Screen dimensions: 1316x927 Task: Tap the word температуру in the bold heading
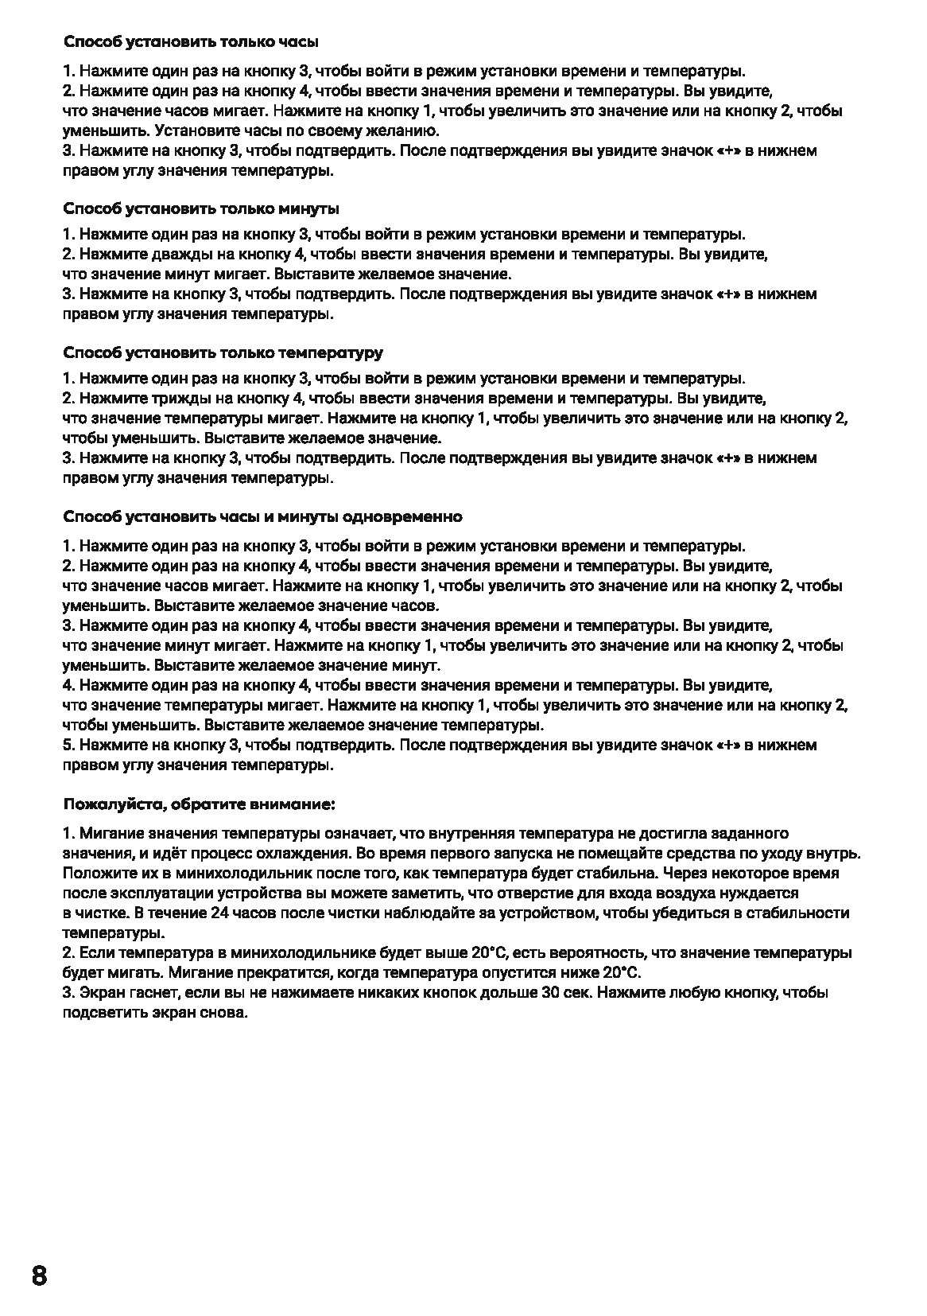332,352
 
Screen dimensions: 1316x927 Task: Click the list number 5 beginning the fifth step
68,746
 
